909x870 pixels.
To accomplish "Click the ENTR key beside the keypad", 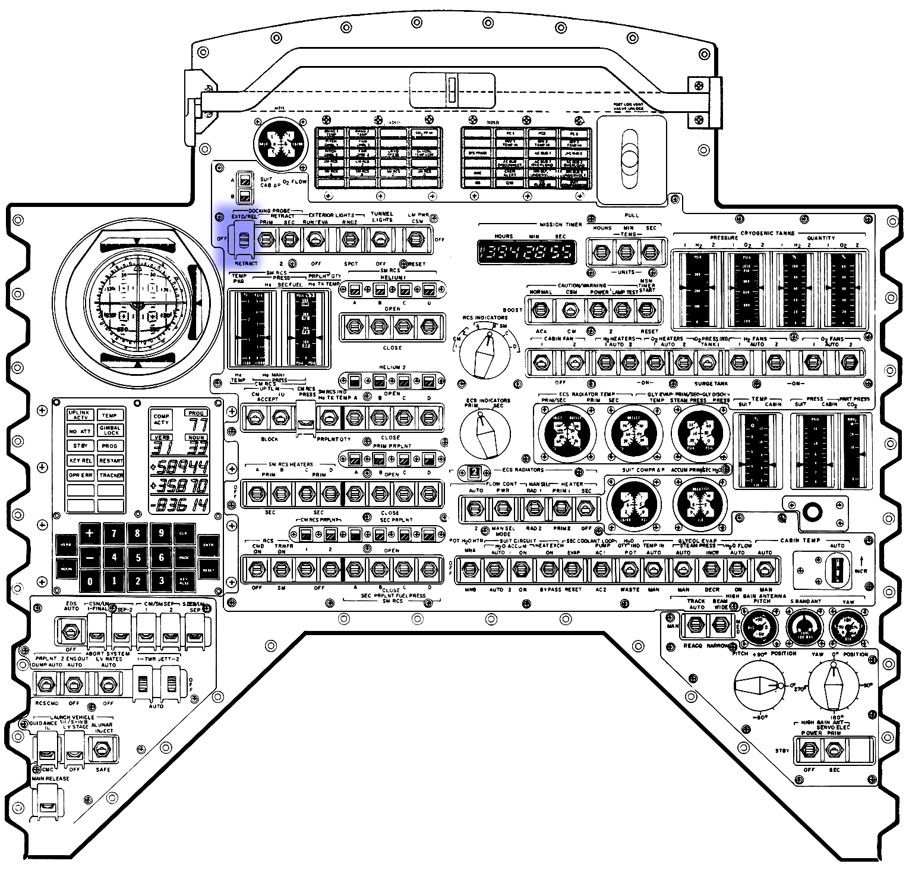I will click(209, 545).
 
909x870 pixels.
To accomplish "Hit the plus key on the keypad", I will click(90, 533).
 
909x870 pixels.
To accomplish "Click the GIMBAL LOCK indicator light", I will click(111, 430).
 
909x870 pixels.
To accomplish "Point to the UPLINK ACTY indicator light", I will click(80, 415).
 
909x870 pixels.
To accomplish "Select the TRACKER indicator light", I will click(111, 475).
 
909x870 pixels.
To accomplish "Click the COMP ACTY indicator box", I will click(162, 419).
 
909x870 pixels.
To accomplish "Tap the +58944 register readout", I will click(179, 466).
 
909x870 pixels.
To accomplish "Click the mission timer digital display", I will click(527, 252).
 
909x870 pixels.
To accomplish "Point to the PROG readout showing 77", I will click(197, 422).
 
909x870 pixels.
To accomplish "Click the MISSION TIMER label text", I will click(560, 225).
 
